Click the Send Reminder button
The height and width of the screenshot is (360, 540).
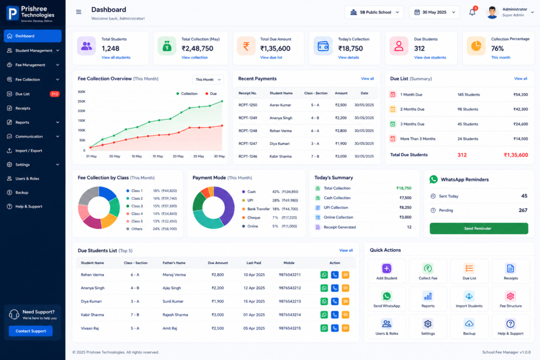point(479,229)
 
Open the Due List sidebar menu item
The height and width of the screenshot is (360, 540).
point(33,94)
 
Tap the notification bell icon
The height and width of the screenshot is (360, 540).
point(472,13)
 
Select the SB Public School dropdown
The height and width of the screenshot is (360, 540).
point(374,13)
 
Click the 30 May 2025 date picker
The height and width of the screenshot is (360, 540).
point(435,13)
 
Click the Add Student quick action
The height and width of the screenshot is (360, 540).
point(387,271)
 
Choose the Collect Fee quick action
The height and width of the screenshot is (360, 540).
point(428,271)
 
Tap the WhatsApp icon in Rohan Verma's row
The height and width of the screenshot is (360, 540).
point(324,275)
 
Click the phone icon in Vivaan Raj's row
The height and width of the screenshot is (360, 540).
point(335,328)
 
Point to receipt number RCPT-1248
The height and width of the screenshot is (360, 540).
point(248,131)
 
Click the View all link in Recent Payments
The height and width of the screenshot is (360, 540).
point(368,79)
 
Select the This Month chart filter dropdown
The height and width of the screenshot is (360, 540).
point(208,80)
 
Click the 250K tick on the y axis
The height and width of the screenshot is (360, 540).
point(82,102)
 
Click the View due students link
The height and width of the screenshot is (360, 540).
point(430,57)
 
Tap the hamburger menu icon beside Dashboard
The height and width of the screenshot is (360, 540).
point(79,12)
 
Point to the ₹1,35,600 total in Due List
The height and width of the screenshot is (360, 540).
point(516,155)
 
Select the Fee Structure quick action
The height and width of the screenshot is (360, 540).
point(510,299)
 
